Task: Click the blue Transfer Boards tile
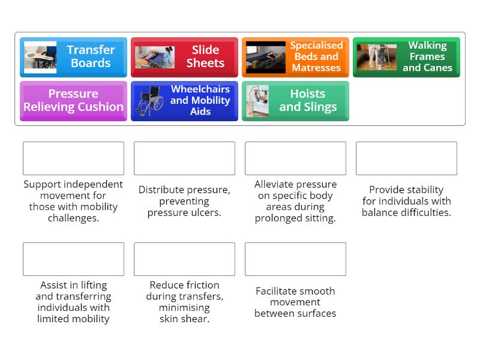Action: click(x=73, y=57)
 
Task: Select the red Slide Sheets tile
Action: click(x=184, y=57)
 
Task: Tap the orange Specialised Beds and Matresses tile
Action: click(x=295, y=57)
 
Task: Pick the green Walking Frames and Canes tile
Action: click(x=406, y=57)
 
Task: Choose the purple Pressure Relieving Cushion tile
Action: click(x=73, y=101)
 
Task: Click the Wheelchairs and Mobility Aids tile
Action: click(x=184, y=101)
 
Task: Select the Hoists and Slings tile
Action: click(x=295, y=101)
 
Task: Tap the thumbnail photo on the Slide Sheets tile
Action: click(x=154, y=57)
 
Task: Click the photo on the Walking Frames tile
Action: click(x=376, y=57)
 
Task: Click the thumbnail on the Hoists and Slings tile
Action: click(x=257, y=101)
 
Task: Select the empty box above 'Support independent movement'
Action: click(x=73, y=158)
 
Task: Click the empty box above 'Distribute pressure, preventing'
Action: click(x=184, y=158)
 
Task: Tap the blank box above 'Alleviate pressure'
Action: click(x=295, y=158)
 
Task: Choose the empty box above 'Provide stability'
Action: click(x=406, y=158)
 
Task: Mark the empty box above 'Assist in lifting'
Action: click(x=73, y=259)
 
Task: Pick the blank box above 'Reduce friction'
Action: click(x=184, y=259)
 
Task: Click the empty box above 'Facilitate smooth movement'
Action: click(x=295, y=259)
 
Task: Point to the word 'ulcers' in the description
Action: click(x=205, y=212)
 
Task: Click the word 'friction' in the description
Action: click(x=203, y=285)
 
